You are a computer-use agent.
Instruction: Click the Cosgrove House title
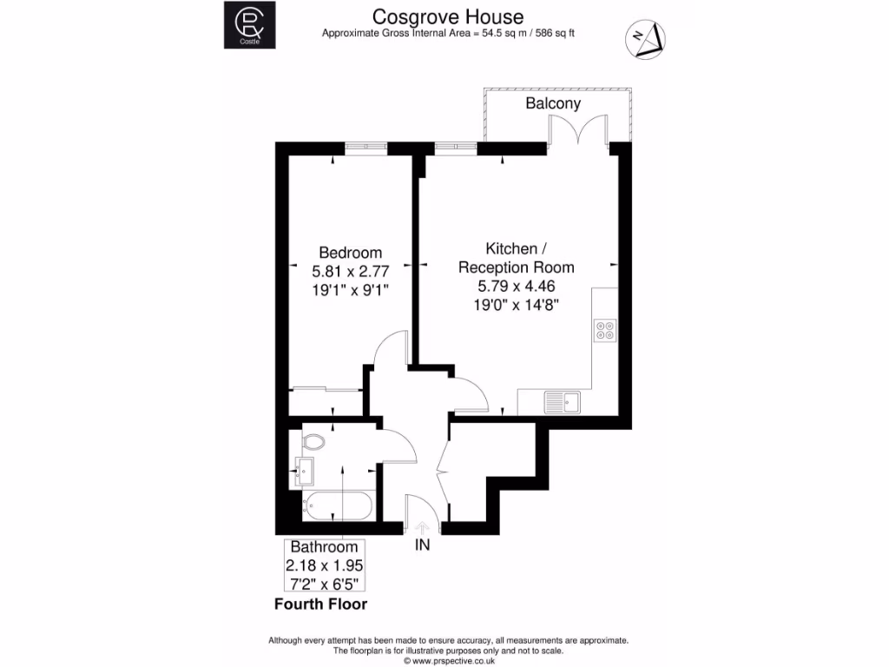[448, 17]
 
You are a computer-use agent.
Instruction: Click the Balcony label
[553, 103]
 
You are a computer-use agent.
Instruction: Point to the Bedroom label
[350, 253]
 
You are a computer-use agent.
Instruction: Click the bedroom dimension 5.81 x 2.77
[350, 271]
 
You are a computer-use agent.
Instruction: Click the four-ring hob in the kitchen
[604, 330]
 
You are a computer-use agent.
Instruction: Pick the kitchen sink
[561, 402]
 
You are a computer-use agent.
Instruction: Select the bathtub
[338, 505]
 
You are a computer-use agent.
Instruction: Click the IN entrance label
[423, 546]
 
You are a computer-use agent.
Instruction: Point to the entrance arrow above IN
[423, 527]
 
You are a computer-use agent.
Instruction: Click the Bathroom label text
[324, 547]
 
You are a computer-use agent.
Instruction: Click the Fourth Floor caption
[320, 604]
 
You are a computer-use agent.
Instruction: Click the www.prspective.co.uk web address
[447, 660]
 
